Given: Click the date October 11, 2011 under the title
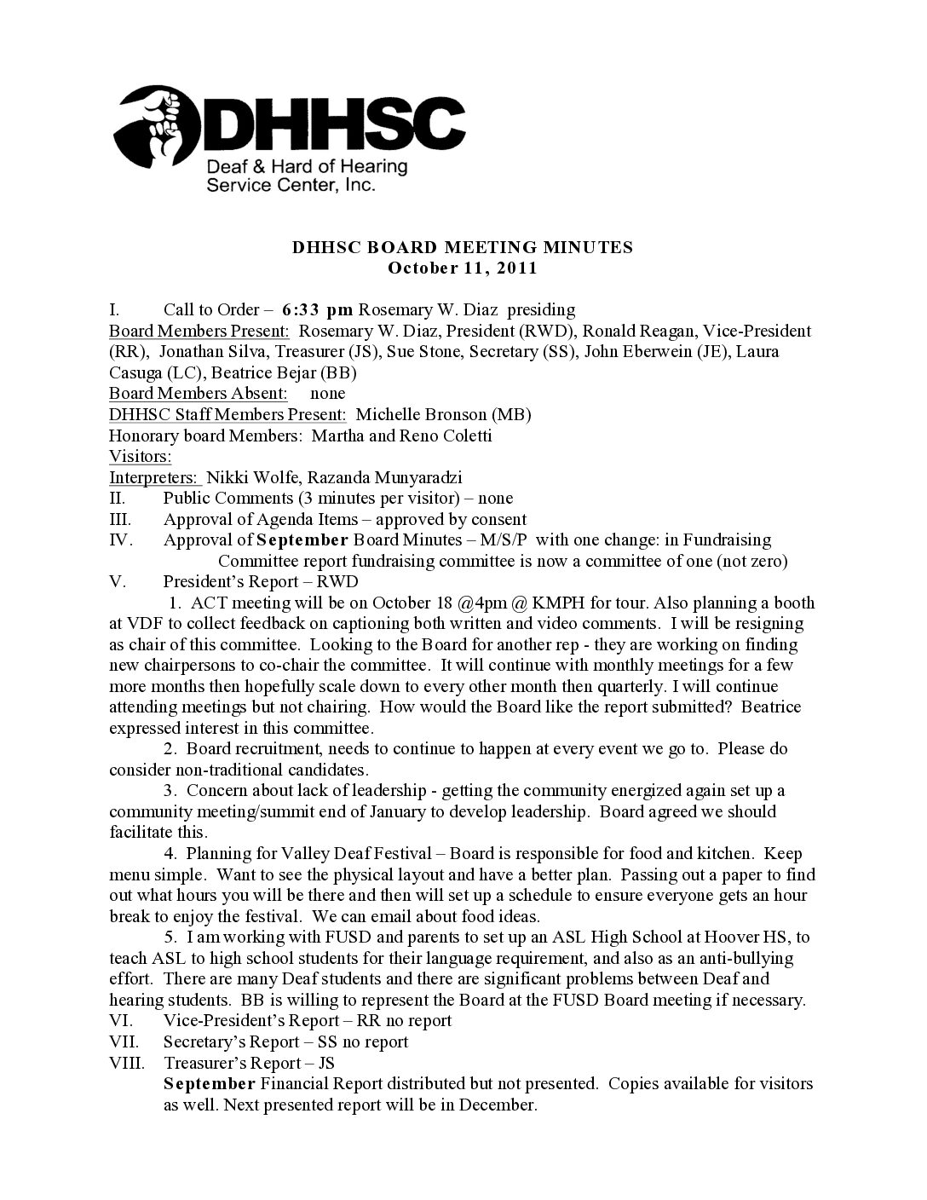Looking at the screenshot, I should pos(463,268).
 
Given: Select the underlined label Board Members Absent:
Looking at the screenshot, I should pos(198,393).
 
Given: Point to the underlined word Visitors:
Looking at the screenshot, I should pos(141,456).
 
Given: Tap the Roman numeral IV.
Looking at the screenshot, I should pos(119,539).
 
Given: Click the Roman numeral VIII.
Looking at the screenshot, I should pos(126,1063).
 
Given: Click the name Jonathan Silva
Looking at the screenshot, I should pos(207,351).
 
